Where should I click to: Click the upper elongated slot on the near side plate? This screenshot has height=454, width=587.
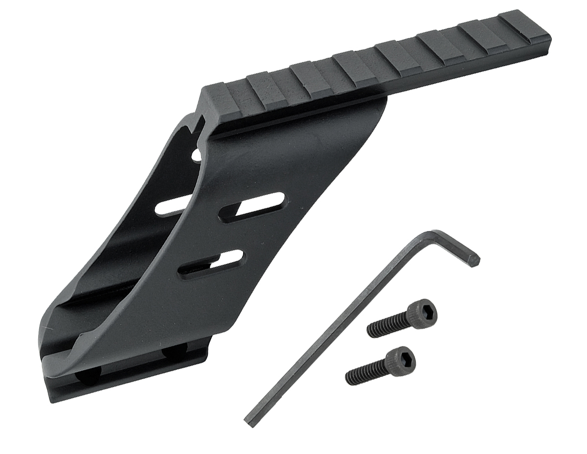pos(252,204)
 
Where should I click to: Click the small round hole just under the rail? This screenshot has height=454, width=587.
pos(197,156)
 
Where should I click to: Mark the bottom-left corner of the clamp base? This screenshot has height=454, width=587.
pos(51,399)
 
